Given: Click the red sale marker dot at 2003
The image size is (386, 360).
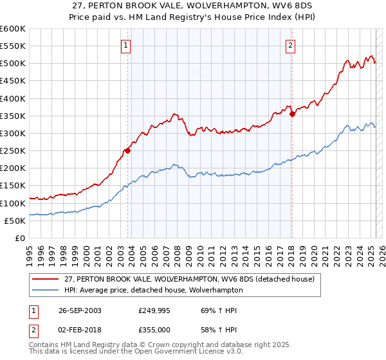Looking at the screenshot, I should pyautogui.click(x=128, y=151).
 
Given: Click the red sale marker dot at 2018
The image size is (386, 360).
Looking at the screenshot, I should pyautogui.click(x=292, y=114).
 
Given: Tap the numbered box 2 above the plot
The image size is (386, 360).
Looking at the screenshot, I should pyautogui.click(x=291, y=46).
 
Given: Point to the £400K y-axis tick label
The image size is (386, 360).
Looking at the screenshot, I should pyautogui.click(x=13, y=98).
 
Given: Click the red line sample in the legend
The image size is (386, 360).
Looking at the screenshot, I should pyautogui.click(x=46, y=279).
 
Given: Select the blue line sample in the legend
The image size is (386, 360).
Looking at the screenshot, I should pyautogui.click(x=46, y=290).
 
